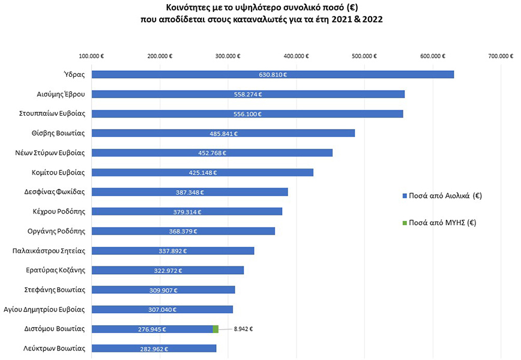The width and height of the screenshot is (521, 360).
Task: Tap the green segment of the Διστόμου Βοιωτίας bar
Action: [x=215, y=329]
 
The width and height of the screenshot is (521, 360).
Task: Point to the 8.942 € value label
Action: [x=243, y=329]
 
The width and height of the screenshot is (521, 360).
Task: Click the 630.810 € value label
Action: [x=273, y=75]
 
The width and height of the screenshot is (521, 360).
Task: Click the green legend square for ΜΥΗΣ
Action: [x=405, y=223]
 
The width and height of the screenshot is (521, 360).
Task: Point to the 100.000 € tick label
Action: [x=91, y=56]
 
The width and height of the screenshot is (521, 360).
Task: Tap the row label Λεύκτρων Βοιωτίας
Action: [x=55, y=348]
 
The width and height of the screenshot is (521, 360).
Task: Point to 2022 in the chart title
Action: [x=372, y=19]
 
